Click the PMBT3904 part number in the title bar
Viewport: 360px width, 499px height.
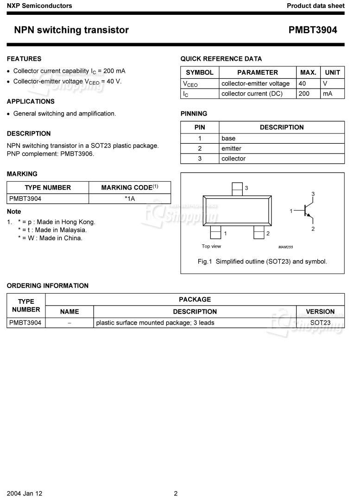[313, 31]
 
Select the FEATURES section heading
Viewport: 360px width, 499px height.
[24, 59]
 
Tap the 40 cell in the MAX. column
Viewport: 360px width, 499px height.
[303, 83]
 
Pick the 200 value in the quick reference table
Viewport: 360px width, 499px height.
[304, 94]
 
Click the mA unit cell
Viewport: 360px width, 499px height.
[328, 94]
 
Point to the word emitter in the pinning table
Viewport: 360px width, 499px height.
[231, 148]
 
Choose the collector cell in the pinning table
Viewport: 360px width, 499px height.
[234, 159]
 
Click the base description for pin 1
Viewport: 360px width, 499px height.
[228, 138]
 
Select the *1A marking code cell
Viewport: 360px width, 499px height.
[130, 199]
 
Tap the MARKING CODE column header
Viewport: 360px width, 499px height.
[130, 188]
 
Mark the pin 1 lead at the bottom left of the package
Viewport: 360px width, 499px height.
[215, 232]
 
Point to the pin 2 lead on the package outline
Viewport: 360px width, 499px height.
[259, 232]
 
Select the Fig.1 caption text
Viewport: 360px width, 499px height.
[262, 262]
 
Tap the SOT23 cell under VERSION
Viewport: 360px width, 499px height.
[320, 323]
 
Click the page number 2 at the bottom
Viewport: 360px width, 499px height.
[176, 493]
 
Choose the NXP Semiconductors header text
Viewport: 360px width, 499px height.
[39, 6]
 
